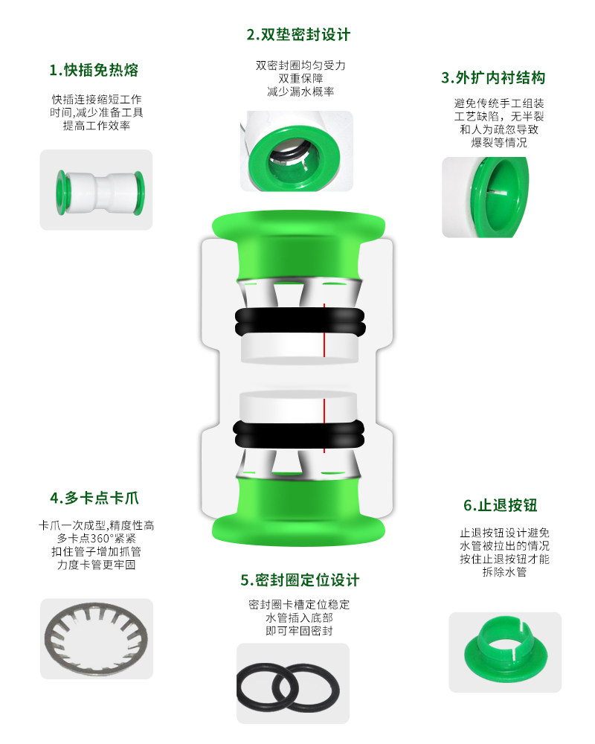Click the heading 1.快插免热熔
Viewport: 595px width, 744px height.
point(94,70)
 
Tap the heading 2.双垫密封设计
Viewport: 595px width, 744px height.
point(298,35)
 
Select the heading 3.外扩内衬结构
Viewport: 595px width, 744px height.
point(493,78)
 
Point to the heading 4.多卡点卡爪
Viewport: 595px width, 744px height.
point(94,498)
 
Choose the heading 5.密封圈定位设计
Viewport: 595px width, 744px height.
point(300,580)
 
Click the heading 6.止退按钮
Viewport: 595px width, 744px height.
point(500,505)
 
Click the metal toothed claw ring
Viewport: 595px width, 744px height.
point(97,638)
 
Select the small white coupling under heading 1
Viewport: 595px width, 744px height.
point(100,192)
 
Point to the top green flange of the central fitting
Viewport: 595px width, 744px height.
point(298,224)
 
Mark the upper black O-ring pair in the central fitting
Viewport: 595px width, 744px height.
point(300,322)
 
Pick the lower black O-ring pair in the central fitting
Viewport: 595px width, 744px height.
point(299,434)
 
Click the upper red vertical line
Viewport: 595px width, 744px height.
point(324,330)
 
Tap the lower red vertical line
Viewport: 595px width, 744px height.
point(324,426)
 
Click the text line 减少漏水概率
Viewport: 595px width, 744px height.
point(300,92)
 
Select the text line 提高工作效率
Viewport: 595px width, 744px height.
point(97,125)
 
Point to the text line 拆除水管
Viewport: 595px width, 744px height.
point(504,571)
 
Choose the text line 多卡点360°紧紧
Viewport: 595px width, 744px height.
point(97,539)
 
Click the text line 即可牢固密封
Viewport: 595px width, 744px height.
point(300,631)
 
